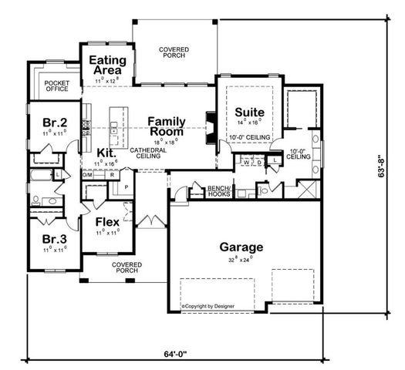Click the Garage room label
point(241,247)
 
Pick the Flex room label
point(106,223)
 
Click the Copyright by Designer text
point(210,306)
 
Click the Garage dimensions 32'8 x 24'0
point(241,261)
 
